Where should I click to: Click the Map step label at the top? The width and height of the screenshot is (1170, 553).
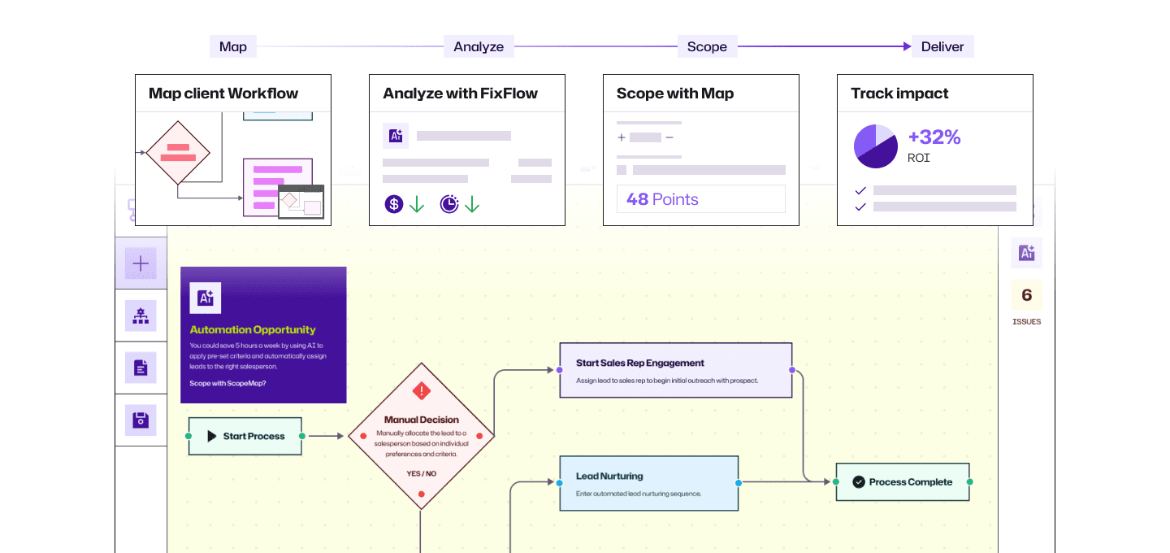pos(233,47)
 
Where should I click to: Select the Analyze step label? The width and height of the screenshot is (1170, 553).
pos(479,47)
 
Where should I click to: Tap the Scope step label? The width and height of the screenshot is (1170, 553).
pos(707,47)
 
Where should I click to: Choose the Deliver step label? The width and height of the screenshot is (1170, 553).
pos(942,47)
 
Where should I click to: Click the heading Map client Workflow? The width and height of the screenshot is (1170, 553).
pos(223,94)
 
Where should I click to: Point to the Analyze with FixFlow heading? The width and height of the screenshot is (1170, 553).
pos(460,94)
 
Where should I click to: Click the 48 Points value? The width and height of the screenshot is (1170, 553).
pos(663,199)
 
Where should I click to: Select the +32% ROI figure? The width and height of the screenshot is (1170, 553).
pos(934,137)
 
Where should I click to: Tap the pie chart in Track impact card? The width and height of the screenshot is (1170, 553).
pos(875,146)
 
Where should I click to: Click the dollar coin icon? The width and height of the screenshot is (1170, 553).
pos(394,204)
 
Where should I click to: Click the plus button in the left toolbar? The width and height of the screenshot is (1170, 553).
pos(141,263)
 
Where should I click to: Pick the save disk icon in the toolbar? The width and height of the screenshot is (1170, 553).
pos(141,420)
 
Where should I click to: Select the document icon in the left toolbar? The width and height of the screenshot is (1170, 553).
pos(141,368)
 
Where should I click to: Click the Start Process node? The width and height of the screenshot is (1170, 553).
pos(245,436)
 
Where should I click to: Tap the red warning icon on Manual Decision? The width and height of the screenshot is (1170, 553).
pos(421,391)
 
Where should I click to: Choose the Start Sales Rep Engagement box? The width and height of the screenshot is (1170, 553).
pos(675,370)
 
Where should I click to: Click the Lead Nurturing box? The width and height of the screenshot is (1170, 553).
pos(648,483)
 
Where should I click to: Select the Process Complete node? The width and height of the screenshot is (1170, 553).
pos(902,482)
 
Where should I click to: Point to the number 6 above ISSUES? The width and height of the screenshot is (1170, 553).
pos(1026,295)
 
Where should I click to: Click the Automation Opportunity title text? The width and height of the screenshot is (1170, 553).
pos(253,329)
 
